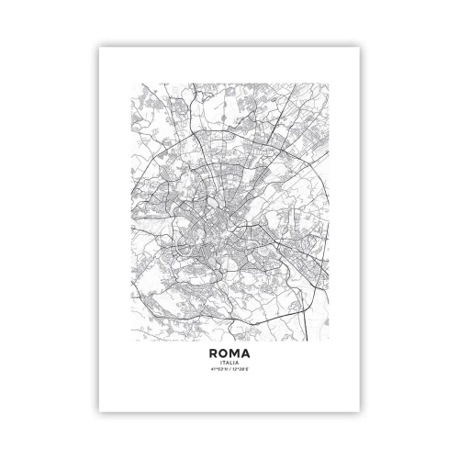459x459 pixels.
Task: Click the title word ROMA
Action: click(x=229, y=351)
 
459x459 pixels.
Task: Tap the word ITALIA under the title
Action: click(x=229, y=362)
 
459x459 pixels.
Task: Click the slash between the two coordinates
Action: click(x=229, y=369)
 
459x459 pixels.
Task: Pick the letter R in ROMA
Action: click(x=214, y=351)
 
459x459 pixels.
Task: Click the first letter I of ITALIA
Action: click(x=221, y=362)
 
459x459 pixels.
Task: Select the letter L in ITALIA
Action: click(x=230, y=362)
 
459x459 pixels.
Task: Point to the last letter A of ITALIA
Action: click(x=237, y=362)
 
